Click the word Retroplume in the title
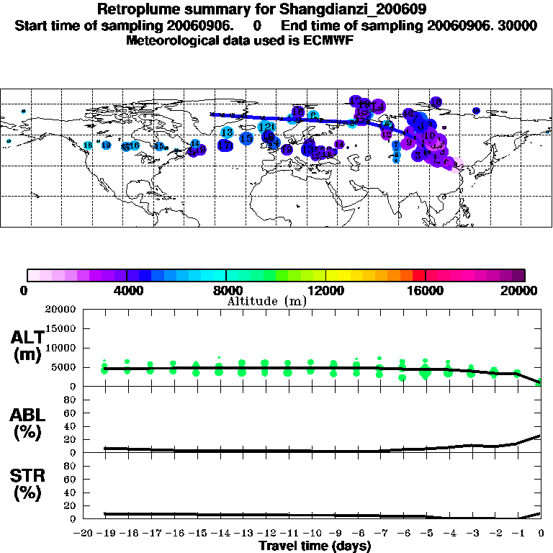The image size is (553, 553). (138, 10)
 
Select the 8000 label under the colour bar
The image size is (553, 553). (227, 291)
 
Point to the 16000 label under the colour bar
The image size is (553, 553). (426, 291)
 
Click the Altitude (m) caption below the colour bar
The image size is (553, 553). (267, 301)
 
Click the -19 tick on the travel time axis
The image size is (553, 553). (105, 534)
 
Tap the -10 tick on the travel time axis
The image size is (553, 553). (310, 534)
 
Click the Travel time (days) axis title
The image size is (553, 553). (315, 546)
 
